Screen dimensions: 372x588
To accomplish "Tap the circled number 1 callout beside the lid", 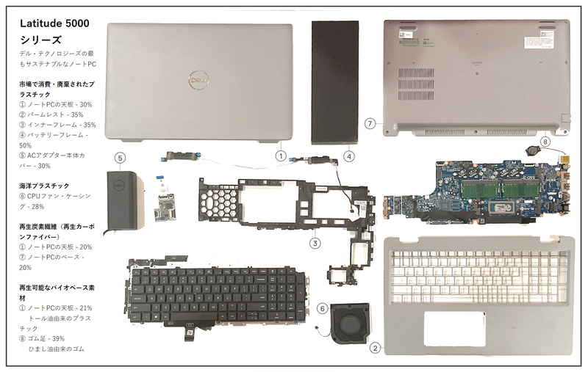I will (x=281, y=155).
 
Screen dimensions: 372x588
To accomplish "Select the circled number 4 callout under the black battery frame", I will (x=350, y=156).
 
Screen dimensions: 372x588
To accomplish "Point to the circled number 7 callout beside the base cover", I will (x=370, y=124).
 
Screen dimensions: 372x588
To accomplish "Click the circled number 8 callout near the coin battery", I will (x=545, y=141).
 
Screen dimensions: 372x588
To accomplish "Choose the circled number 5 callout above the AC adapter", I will (x=121, y=156).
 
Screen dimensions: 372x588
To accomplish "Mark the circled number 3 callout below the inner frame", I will (x=315, y=242).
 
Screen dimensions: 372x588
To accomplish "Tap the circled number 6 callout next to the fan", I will (x=323, y=308).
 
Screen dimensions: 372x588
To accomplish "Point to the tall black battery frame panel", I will (x=334, y=81).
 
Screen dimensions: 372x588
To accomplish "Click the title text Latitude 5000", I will (x=55, y=23).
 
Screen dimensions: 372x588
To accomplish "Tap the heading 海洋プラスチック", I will (x=45, y=186).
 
